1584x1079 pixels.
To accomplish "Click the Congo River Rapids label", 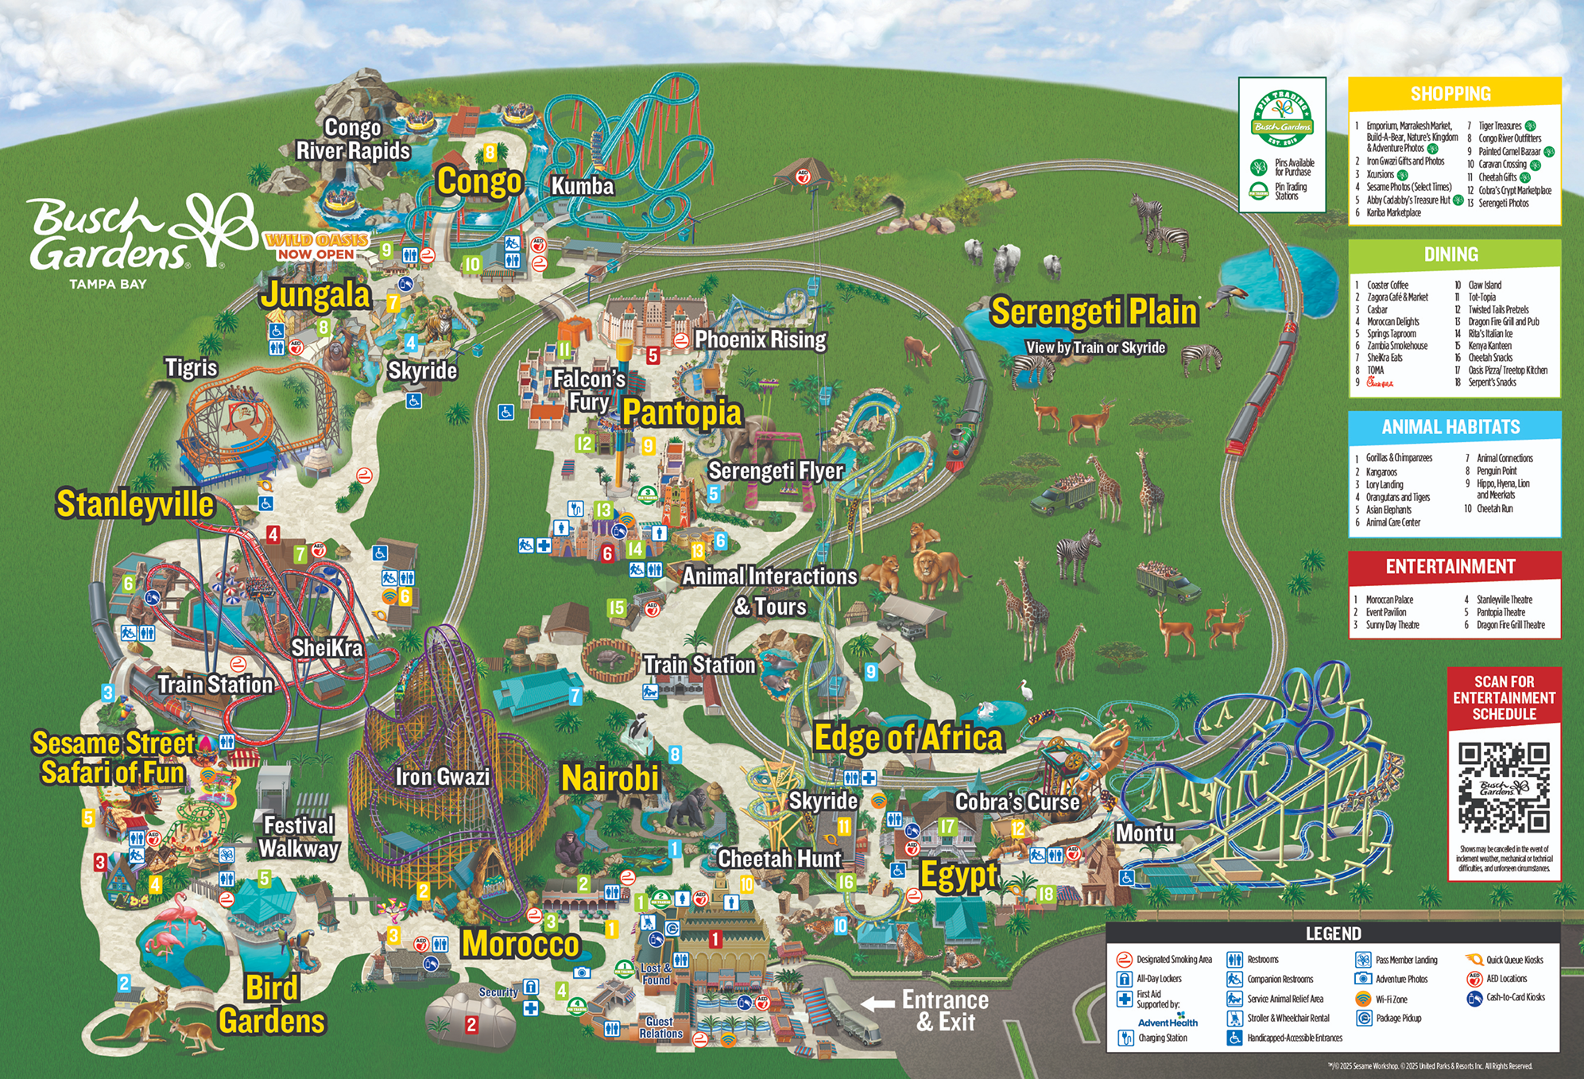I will point(353,139).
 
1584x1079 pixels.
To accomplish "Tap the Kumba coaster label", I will point(583,186).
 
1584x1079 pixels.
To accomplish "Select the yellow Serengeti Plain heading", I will point(1094,311).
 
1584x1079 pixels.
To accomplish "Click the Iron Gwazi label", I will point(443,777).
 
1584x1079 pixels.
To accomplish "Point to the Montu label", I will point(1144,833).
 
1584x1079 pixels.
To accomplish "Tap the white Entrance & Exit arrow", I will point(877,1003).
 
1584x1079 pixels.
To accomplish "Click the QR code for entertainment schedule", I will point(1504,787).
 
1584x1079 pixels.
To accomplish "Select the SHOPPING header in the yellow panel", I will point(1450,94).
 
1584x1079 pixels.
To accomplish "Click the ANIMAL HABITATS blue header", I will point(1450,427).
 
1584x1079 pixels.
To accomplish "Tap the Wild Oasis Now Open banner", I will point(317,246).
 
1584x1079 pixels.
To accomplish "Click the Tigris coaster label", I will point(191,368).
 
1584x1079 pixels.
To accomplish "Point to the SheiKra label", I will point(327,648).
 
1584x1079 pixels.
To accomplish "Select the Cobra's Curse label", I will point(1017,801).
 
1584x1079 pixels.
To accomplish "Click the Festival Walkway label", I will point(299,836).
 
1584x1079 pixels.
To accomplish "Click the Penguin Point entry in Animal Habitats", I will point(1496,471).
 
